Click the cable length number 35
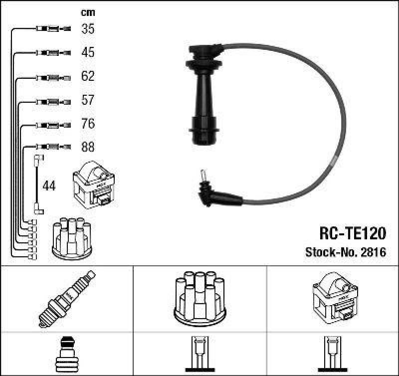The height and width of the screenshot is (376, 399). click(88, 29)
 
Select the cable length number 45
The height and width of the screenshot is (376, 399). click(88, 52)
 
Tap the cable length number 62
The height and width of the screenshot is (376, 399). click(88, 76)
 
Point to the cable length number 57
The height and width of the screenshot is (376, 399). click(88, 100)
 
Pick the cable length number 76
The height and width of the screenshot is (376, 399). click(88, 124)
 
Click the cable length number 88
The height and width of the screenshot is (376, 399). click(88, 147)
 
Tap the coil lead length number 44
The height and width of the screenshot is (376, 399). click(49, 186)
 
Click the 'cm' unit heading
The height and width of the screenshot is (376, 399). click(88, 12)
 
